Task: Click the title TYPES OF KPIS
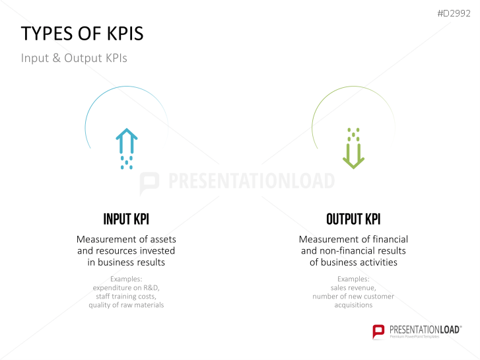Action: pyautogui.click(x=82, y=34)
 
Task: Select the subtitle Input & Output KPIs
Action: pyautogui.click(x=74, y=58)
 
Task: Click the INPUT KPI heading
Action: pyautogui.click(x=126, y=219)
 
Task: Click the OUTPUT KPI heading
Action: pyautogui.click(x=353, y=219)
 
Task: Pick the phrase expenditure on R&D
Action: pyautogui.click(x=126, y=288)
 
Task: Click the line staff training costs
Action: pyautogui.click(x=126, y=297)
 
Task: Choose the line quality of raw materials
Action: pyautogui.click(x=126, y=305)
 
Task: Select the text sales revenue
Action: pyautogui.click(x=353, y=288)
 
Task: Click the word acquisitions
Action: pyautogui.click(x=353, y=305)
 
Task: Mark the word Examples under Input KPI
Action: pyautogui.click(x=126, y=279)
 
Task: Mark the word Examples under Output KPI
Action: pyautogui.click(x=353, y=279)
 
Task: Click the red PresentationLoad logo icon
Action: pyautogui.click(x=378, y=331)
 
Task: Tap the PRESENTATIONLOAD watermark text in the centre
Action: pyautogui.click(x=251, y=182)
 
